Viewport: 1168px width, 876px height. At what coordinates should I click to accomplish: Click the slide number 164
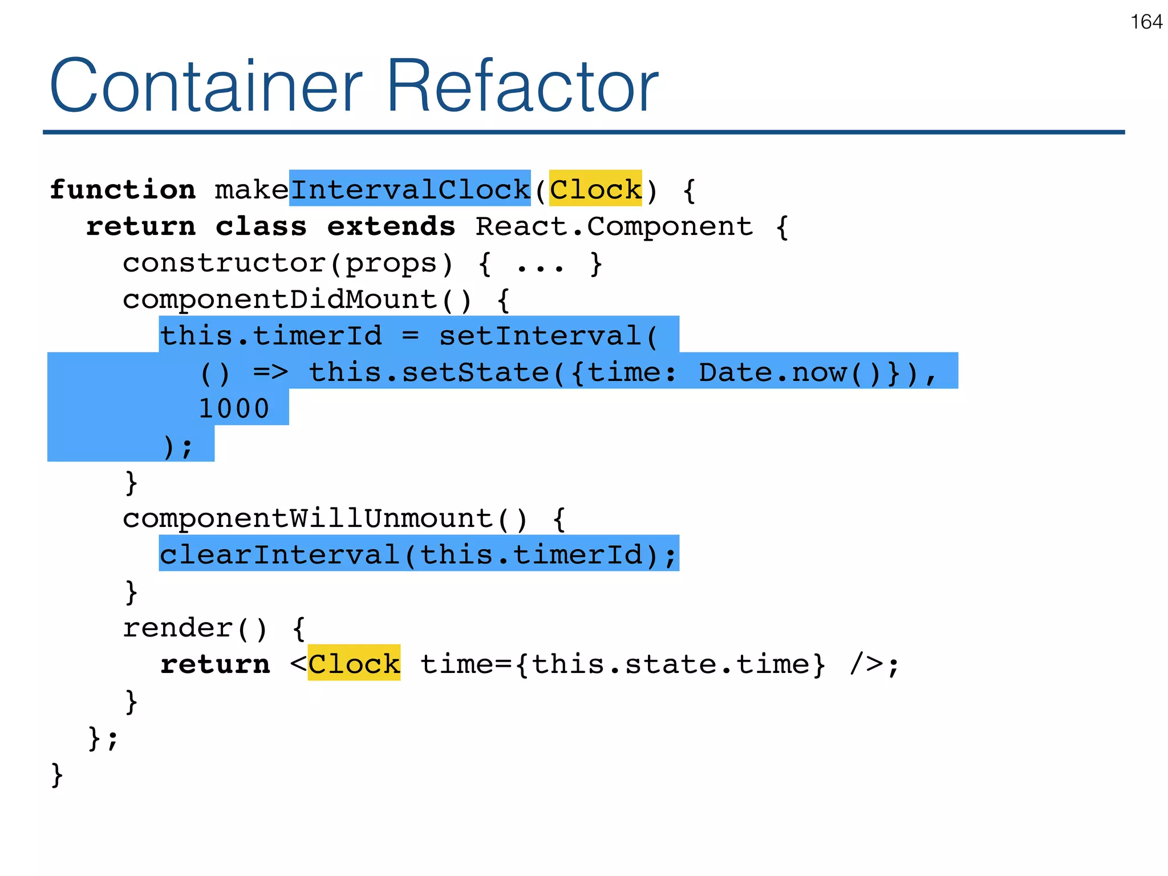pos(1146,22)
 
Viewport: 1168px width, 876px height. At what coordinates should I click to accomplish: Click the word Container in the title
pos(206,86)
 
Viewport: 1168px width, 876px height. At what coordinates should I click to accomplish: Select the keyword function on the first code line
pos(123,189)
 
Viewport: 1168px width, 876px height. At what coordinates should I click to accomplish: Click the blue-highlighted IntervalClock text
pos(410,189)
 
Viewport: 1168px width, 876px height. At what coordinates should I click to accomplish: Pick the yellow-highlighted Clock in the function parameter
pos(595,189)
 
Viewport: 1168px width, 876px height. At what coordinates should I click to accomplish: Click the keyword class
pos(261,226)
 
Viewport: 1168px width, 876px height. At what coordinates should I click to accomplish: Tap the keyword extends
pos(391,226)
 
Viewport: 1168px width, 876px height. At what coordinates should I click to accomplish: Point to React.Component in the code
pos(614,226)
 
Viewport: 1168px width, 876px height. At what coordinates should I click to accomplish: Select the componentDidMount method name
pos(279,299)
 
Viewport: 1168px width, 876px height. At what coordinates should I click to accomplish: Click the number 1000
pos(234,409)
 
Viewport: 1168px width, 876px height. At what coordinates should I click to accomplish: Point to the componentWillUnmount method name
pos(307,518)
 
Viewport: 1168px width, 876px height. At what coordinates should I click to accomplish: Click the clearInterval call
pos(279,555)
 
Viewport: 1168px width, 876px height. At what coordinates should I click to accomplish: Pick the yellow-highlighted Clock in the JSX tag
pos(354,664)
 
